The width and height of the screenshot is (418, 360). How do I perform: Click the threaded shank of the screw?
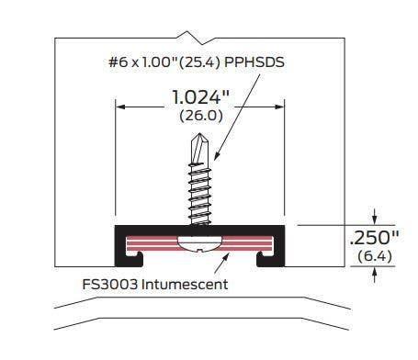click(x=200, y=193)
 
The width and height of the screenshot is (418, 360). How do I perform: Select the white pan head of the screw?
click(x=201, y=242)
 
